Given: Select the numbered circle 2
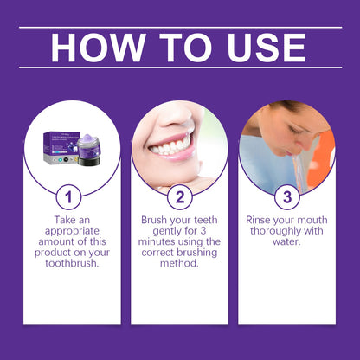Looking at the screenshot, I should (x=179, y=196).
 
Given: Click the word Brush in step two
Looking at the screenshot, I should (x=156, y=221).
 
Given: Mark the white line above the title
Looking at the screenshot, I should (x=180, y=27).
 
